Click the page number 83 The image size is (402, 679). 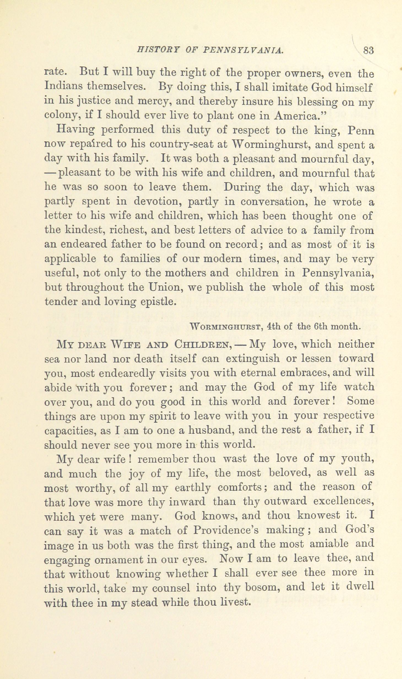368,51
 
